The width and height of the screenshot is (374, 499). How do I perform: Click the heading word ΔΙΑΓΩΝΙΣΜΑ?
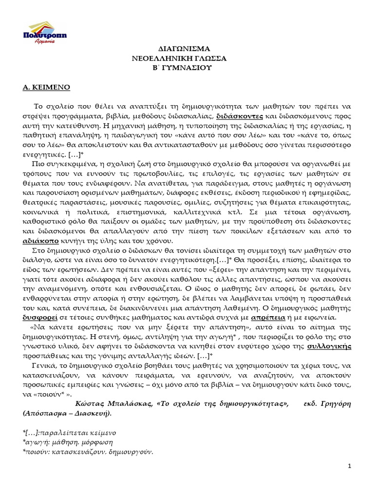point(186,50)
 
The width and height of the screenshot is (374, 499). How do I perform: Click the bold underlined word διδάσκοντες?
point(240,116)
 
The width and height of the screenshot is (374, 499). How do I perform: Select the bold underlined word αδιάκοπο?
point(40,241)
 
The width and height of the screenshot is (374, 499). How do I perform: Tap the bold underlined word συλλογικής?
point(330,346)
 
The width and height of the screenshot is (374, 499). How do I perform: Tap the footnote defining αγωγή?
point(63,442)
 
